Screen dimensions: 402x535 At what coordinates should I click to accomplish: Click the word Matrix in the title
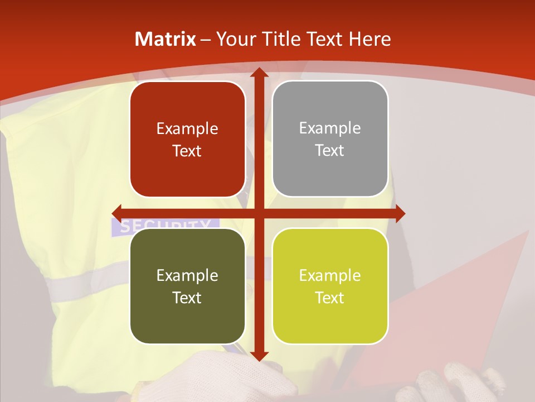pos(166,39)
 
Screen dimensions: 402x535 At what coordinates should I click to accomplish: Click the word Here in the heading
pos(370,39)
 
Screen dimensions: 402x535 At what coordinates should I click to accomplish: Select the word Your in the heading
pos(235,39)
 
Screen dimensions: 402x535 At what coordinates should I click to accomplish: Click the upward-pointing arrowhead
pos(259,73)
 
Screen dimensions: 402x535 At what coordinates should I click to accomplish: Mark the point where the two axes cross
pos(259,213)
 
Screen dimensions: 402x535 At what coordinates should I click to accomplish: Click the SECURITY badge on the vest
pos(165,225)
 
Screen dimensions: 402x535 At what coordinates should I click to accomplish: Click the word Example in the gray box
pos(330,128)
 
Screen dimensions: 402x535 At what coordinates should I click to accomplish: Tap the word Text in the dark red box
pos(187,151)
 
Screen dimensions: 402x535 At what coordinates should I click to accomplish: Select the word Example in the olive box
pos(187,275)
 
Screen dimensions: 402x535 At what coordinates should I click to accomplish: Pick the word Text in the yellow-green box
pos(330,298)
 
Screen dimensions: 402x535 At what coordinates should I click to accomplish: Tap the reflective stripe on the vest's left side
pos(84,282)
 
